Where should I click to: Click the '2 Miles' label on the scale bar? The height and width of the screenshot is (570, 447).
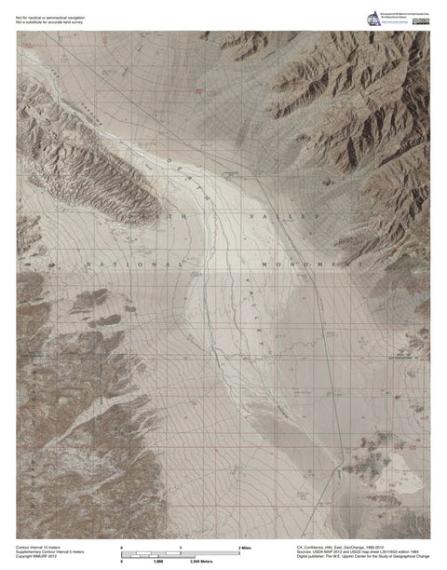coord(247,547)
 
